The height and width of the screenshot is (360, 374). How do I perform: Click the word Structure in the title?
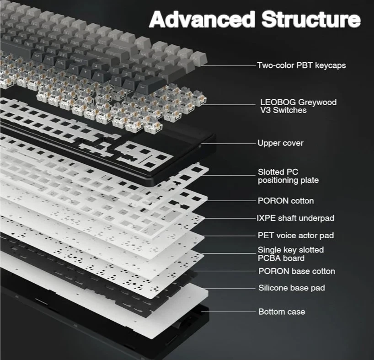(x=311, y=20)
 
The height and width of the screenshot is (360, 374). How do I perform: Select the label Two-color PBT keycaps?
(x=301, y=65)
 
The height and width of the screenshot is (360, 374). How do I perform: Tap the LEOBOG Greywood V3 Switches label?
(x=298, y=106)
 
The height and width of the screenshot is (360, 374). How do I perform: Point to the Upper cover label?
(x=280, y=143)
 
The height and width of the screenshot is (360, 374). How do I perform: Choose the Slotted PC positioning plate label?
(x=288, y=176)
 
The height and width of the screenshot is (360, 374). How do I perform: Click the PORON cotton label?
(x=286, y=201)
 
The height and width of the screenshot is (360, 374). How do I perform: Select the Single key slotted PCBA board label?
(x=290, y=254)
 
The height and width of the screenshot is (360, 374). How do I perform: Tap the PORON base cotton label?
(x=297, y=271)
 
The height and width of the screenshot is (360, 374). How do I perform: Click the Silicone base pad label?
(x=292, y=288)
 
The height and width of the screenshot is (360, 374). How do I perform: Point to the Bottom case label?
(x=282, y=312)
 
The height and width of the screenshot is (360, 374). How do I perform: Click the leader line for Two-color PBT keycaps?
(x=229, y=65)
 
